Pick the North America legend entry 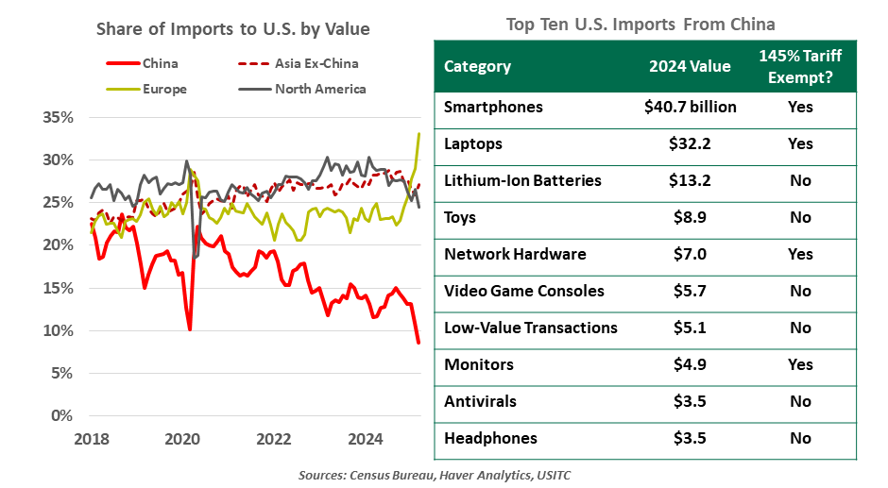click(319, 90)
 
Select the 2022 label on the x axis click(274, 438)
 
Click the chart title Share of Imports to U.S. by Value click(233, 29)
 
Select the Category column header click(477, 66)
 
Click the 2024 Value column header click(690, 66)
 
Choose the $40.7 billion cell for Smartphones click(690, 107)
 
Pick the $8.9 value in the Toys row click(690, 217)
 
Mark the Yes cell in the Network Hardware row click(800, 254)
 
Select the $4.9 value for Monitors click(690, 364)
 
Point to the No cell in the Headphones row click(800, 438)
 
